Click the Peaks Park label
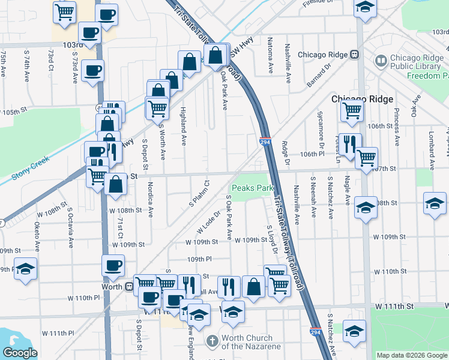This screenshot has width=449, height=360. coord(253,188)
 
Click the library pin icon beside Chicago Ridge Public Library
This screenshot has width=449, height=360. coord(380,61)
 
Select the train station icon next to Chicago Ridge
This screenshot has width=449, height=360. coord(355,55)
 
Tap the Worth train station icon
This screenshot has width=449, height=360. coord(129,286)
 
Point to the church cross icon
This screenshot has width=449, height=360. coord(212,341)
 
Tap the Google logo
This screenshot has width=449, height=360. coord(20,352)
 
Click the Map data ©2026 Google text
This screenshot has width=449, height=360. coord(412,355)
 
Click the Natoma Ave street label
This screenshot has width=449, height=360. coord(271,62)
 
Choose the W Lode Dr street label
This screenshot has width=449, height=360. coord(205,226)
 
